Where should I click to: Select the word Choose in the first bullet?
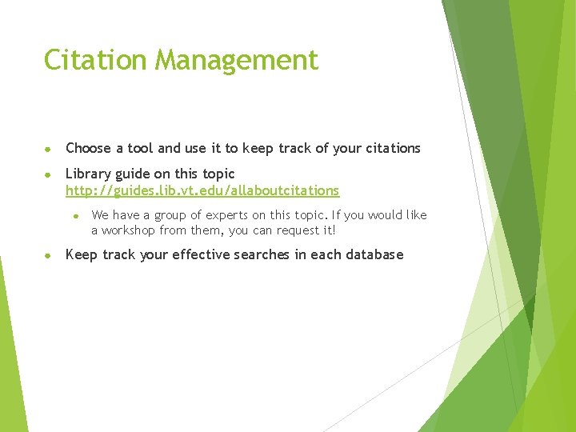(x=88, y=148)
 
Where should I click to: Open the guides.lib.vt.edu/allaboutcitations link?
(x=202, y=190)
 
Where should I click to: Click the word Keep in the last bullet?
(x=81, y=255)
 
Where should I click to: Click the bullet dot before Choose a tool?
(x=48, y=149)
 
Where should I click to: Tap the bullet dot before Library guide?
(x=48, y=174)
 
